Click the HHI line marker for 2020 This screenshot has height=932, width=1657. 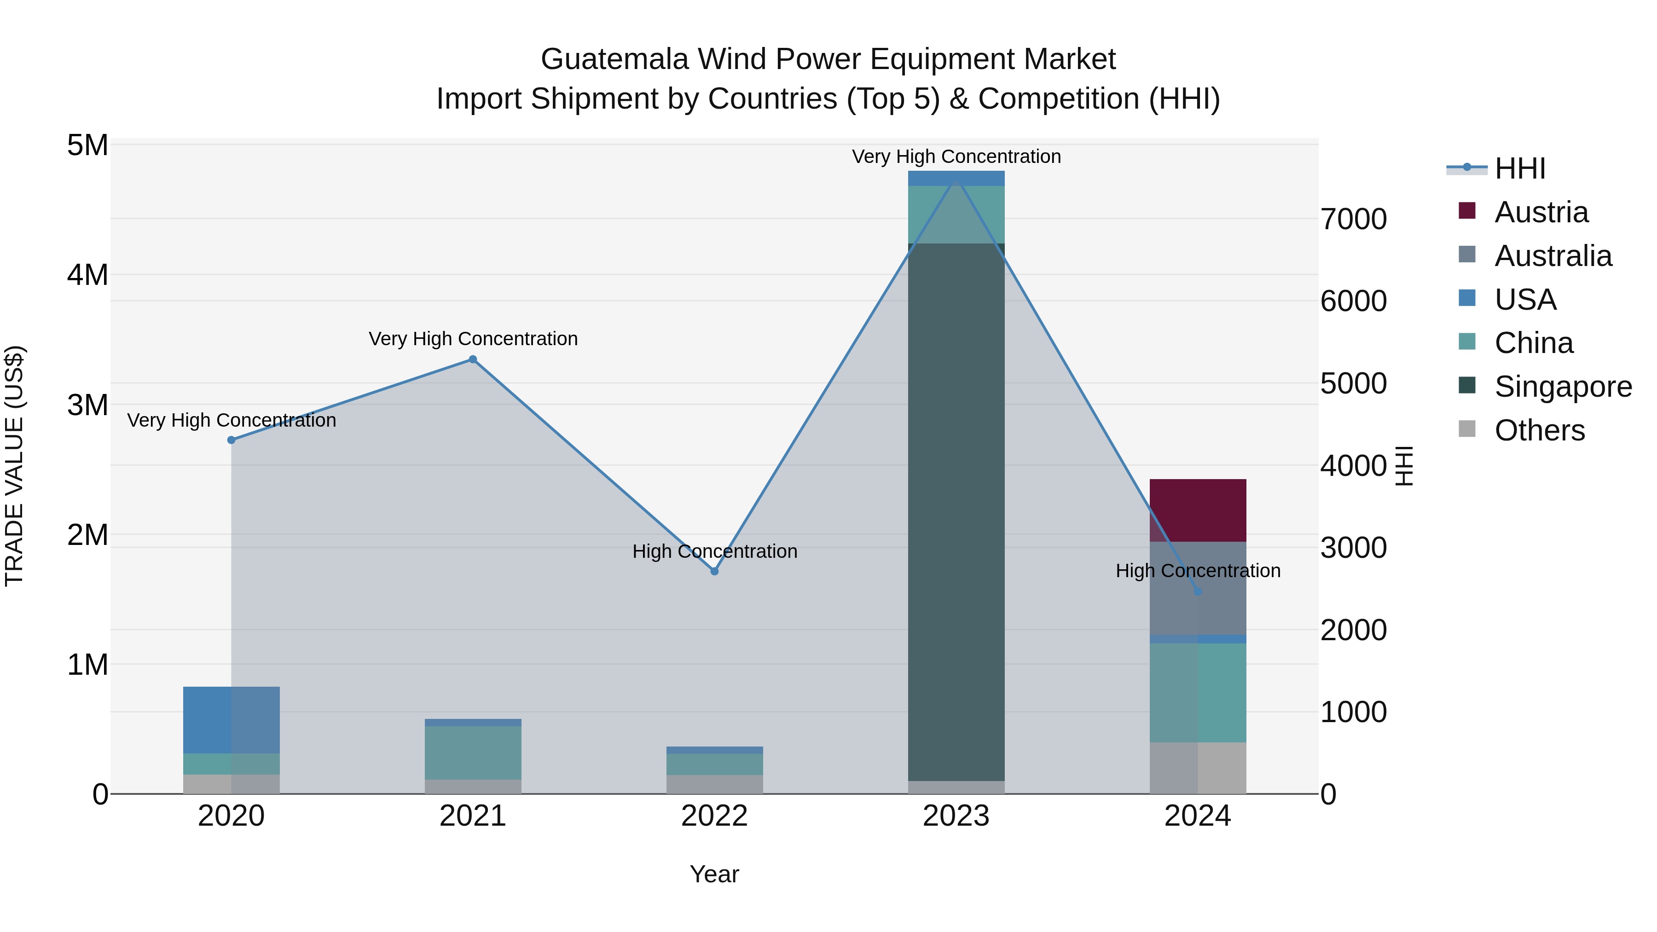click(232, 440)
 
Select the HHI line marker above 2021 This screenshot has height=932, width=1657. click(473, 359)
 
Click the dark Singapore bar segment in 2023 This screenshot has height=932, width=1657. click(956, 515)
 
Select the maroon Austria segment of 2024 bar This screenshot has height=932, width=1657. click(1197, 510)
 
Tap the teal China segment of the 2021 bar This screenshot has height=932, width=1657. click(473, 753)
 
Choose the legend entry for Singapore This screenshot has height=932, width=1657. click(1563, 387)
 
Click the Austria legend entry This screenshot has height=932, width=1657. click(1541, 212)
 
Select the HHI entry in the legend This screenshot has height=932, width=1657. click(1519, 168)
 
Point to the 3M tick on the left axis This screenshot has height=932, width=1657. click(87, 405)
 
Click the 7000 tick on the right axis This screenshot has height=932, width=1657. click(1353, 220)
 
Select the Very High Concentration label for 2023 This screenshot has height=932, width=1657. click(956, 156)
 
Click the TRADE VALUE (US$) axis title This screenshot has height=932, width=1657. click(14, 466)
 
